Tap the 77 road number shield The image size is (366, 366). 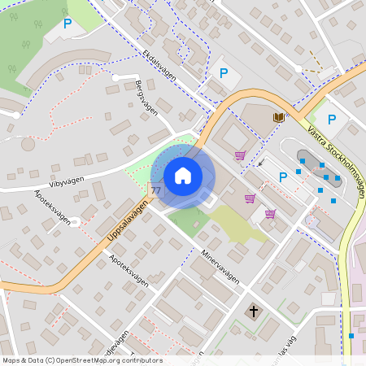155,190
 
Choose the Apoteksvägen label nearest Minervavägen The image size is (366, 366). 129,270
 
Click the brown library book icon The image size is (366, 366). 279,118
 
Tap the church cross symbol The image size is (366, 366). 254,312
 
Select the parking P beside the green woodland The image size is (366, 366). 68,24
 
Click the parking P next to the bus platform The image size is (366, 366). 283,177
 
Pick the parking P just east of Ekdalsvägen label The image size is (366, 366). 224,73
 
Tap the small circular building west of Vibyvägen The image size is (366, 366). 28,145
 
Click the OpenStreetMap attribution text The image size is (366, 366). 81,360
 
